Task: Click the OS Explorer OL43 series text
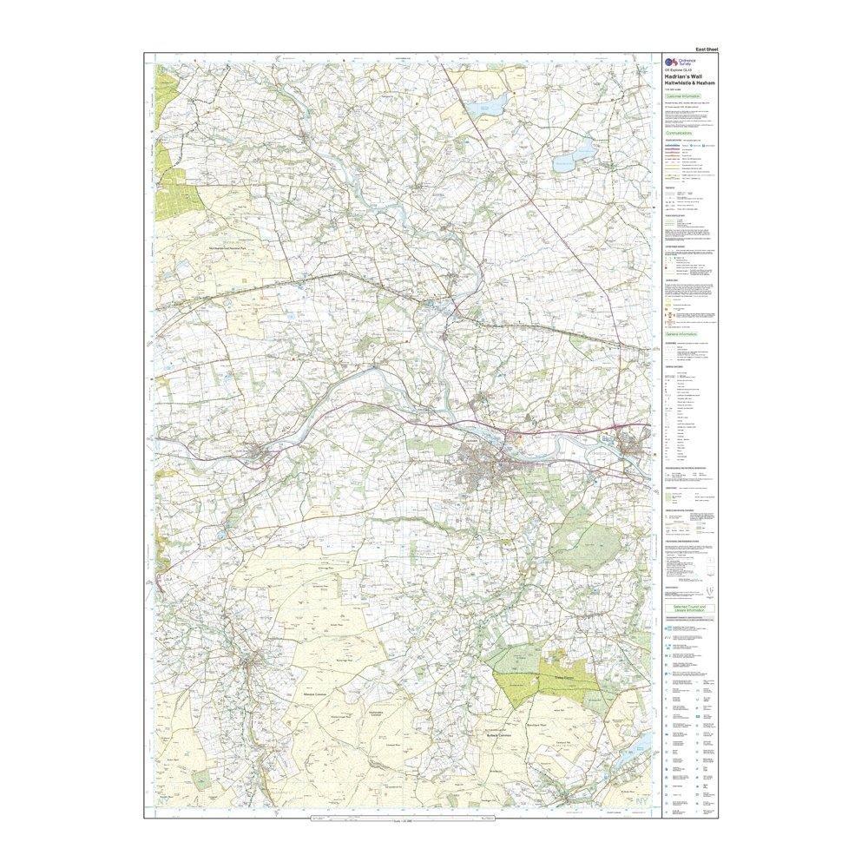tap(679, 69)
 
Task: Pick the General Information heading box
tap(682, 333)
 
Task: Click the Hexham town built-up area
tap(482, 473)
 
